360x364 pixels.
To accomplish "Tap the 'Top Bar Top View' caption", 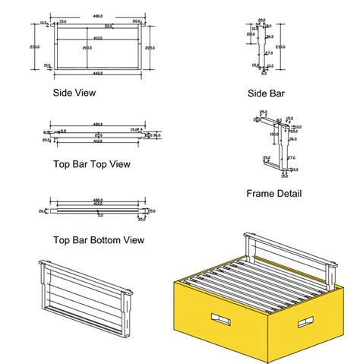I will [x=91, y=164].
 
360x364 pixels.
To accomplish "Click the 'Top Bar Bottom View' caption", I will [x=99, y=240].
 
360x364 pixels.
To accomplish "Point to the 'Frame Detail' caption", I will [x=273, y=194].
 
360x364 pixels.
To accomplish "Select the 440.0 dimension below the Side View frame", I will [x=97, y=74].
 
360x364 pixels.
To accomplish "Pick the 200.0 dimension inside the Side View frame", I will [x=88, y=47].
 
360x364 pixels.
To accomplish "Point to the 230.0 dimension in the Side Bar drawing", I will [x=281, y=46].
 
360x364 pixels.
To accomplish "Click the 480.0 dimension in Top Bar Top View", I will [x=98, y=124].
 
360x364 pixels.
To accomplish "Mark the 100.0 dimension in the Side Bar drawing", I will [x=250, y=33].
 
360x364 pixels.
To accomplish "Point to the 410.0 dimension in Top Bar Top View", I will [x=98, y=141].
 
